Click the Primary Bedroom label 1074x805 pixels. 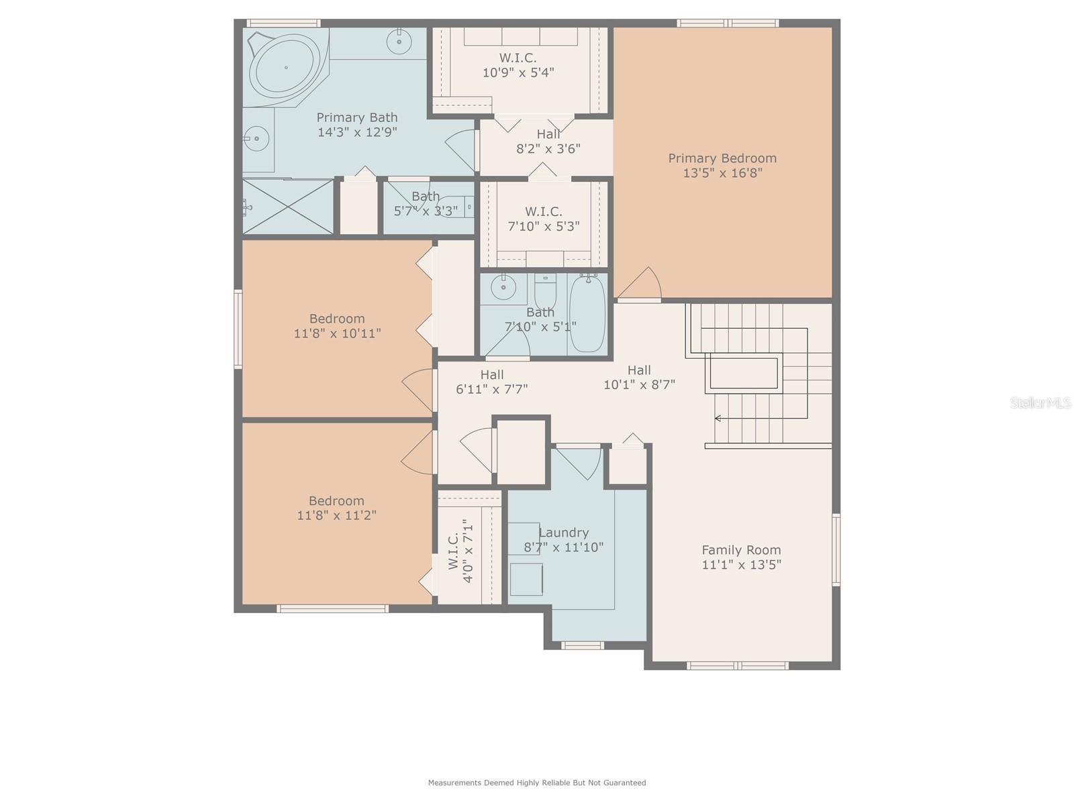tap(722, 165)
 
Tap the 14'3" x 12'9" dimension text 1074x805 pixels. tap(357, 132)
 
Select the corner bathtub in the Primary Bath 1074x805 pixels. tap(286, 68)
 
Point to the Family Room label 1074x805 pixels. tap(741, 557)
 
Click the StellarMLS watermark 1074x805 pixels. tap(1040, 402)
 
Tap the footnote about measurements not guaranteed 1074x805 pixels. tap(537, 782)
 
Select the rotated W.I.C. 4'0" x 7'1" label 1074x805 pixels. tap(461, 551)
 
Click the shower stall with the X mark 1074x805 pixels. tap(288, 206)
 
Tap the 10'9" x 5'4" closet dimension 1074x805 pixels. tap(518, 72)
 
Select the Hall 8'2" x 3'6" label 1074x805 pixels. tap(548, 142)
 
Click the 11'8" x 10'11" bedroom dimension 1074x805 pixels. tap(337, 333)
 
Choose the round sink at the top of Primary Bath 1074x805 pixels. tap(399, 41)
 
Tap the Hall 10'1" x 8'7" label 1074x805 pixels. tap(639, 377)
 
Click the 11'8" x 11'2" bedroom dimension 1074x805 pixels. tap(337, 515)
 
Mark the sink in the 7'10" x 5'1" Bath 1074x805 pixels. tap(503, 287)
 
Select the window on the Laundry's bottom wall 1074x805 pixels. tap(582, 645)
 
